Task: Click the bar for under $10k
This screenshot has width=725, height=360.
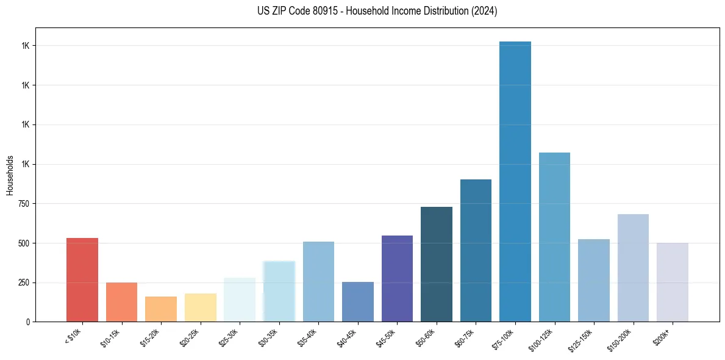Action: coord(82,279)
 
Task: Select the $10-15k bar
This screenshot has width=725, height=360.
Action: coord(121,302)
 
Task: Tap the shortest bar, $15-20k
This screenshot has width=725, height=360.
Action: coord(161,309)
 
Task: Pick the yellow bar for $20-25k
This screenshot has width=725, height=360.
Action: coord(201,308)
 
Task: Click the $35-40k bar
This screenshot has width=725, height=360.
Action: coord(318,281)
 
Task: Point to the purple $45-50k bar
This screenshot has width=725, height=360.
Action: coord(397,278)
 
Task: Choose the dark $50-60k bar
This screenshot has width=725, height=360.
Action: coord(437,264)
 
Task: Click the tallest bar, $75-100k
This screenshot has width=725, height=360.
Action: coord(515,181)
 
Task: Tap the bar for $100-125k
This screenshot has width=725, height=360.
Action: coord(554,237)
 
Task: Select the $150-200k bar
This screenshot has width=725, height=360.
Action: coord(633,268)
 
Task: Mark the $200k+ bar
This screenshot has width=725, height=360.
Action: coord(673,282)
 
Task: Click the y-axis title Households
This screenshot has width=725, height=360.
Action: coord(10,175)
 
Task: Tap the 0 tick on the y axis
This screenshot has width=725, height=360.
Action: coord(27,322)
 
